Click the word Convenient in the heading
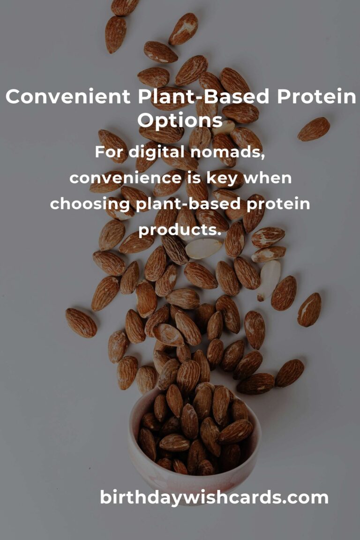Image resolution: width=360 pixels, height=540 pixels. point(68,97)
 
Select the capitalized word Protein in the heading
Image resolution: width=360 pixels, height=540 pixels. point(316,97)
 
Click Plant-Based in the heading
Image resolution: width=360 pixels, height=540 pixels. point(204,97)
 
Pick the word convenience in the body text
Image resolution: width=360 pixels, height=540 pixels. point(126,178)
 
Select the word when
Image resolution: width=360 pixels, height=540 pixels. point(268,178)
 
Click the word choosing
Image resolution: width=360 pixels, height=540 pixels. point(90,204)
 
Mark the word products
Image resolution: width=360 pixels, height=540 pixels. point(180,230)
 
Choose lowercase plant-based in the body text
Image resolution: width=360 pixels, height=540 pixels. point(188,204)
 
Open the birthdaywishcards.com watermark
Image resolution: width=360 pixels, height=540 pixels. point(214,498)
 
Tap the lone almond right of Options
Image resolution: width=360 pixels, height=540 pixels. point(314,129)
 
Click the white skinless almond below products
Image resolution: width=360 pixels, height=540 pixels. point(204,248)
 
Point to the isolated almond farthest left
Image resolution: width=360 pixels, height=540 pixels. point(81,322)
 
